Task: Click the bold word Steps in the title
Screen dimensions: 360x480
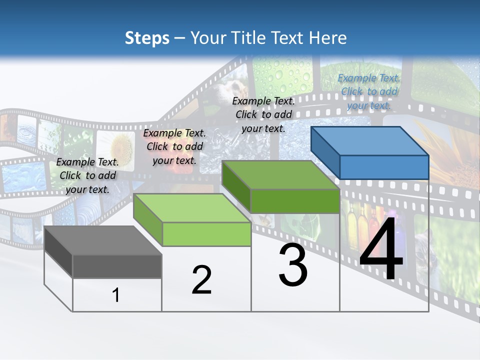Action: coord(147,38)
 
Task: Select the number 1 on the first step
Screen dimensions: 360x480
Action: coord(116,295)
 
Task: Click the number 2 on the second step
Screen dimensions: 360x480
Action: coord(201,280)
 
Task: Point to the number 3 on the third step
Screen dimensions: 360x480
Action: coord(293,265)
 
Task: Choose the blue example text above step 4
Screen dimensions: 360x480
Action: coord(369,91)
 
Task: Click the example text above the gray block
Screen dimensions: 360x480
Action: coord(87,175)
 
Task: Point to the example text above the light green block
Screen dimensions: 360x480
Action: coord(174,146)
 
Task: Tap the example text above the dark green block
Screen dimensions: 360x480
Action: coord(263,114)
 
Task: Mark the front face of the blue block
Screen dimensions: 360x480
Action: coord(384,167)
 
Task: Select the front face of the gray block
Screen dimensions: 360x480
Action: coord(117,266)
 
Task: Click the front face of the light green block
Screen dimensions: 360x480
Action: coord(206,234)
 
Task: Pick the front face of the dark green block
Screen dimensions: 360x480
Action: coord(295,201)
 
